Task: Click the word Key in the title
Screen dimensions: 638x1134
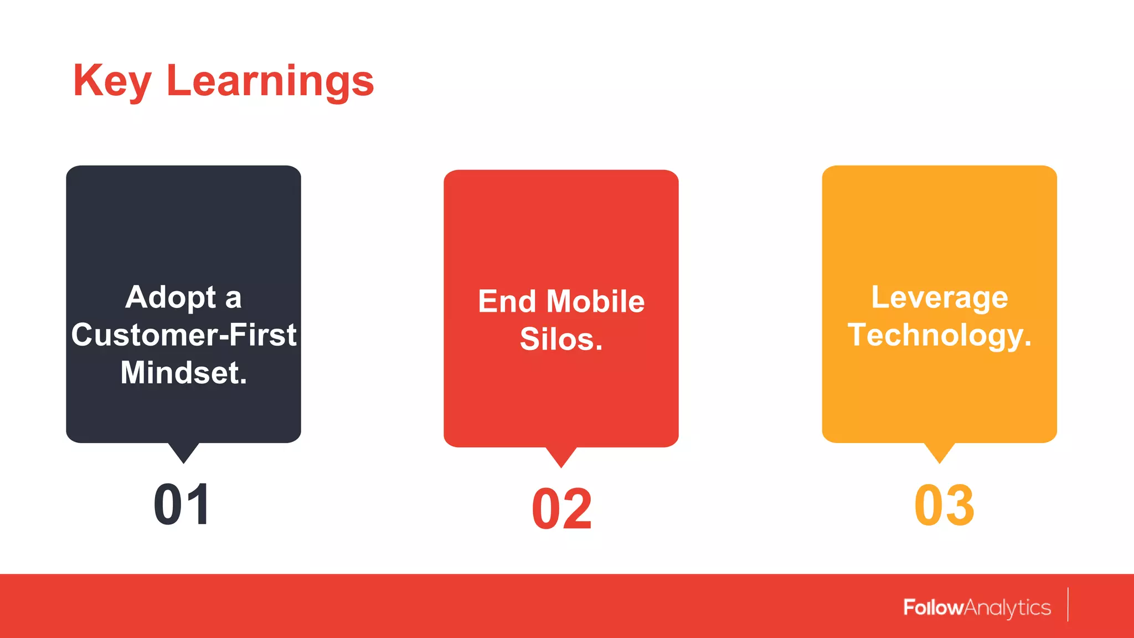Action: pos(112,81)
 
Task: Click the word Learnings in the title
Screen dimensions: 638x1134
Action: pos(270,81)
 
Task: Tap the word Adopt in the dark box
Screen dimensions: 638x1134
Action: pos(171,297)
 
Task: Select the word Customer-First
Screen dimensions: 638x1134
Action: pos(184,335)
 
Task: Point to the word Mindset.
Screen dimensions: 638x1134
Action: pos(184,373)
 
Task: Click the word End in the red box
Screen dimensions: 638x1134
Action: pos(507,302)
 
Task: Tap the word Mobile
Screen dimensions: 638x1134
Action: pos(595,302)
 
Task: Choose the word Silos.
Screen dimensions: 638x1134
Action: pos(561,339)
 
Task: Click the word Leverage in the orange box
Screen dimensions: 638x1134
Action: pos(939,297)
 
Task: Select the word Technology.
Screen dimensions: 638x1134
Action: pos(939,335)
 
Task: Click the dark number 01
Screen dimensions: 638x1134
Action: pos(182,505)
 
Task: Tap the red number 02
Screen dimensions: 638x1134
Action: pos(561,509)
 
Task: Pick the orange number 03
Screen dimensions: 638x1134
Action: pos(944,505)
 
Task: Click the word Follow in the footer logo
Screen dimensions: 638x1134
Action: pos(933,608)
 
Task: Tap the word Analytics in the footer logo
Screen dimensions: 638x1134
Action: pos(1007,608)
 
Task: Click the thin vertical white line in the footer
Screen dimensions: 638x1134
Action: pos(1068,605)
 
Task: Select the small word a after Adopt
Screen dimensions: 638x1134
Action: pos(233,299)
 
